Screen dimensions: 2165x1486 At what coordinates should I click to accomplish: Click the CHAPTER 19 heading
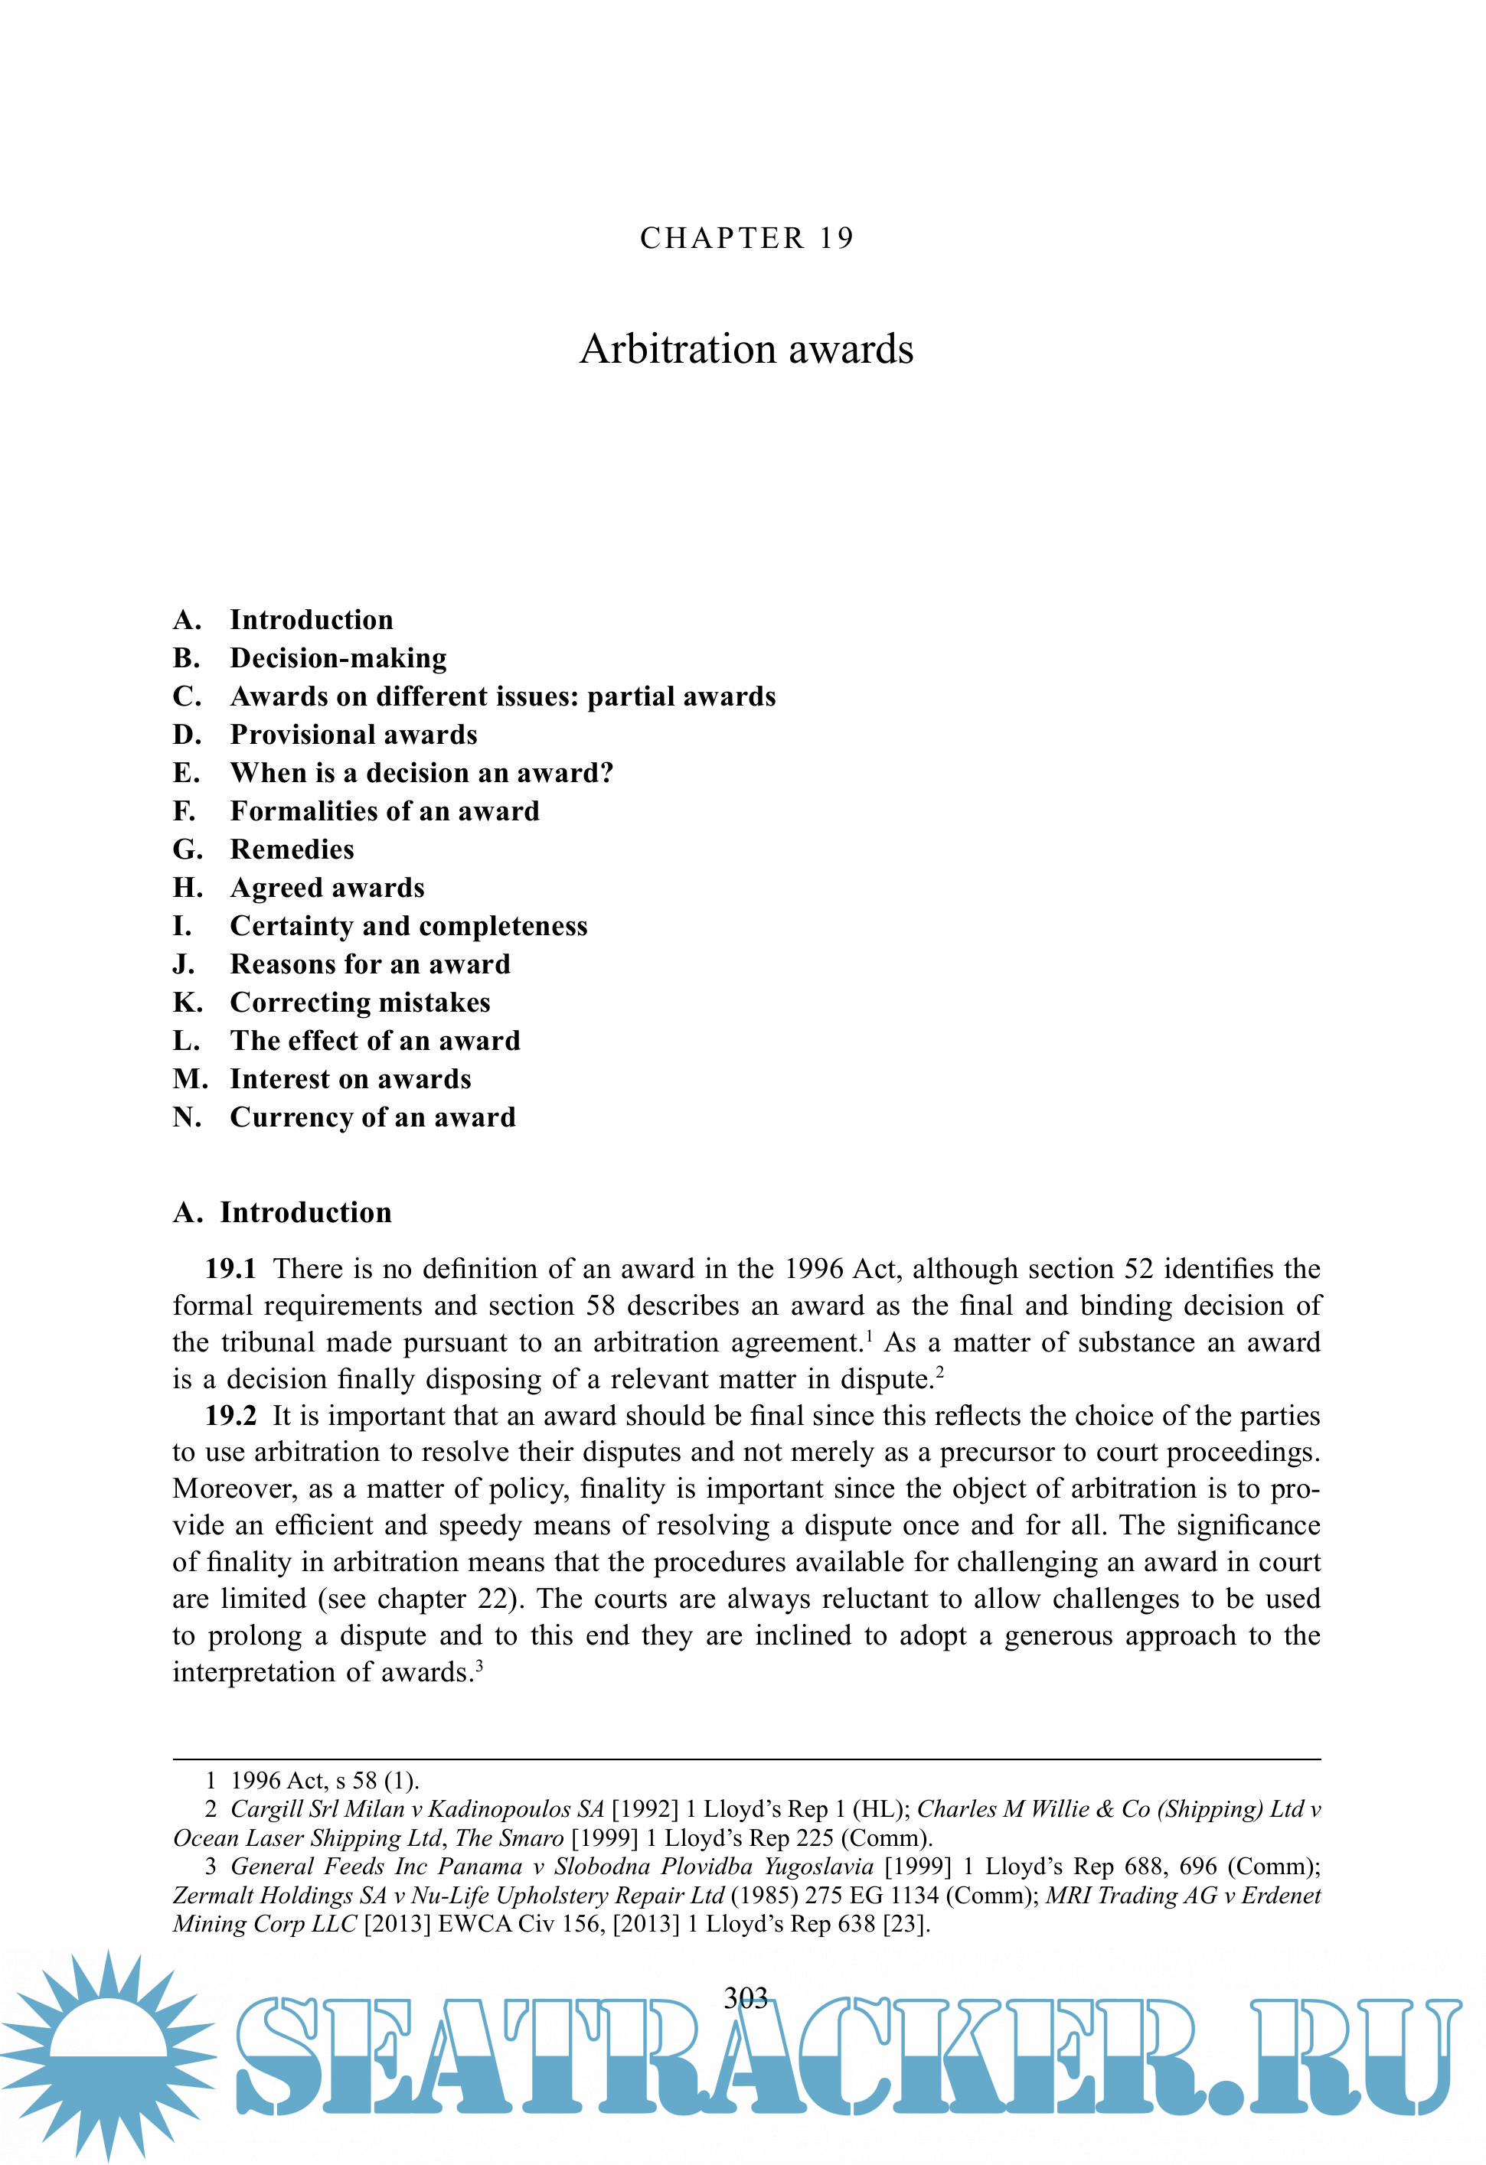[x=746, y=239]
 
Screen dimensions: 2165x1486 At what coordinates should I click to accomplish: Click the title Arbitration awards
[x=746, y=349]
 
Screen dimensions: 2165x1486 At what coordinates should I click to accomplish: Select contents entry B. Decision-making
[x=309, y=659]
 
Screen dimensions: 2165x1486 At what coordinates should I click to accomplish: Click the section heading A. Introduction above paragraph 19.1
[x=283, y=1213]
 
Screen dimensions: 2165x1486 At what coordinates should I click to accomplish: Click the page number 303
[x=746, y=1997]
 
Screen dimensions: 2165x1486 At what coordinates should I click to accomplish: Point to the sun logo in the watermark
[x=108, y=2054]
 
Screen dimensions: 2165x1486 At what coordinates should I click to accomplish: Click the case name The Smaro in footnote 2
[x=508, y=1838]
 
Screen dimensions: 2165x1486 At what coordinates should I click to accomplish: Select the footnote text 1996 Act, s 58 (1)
[x=324, y=1781]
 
